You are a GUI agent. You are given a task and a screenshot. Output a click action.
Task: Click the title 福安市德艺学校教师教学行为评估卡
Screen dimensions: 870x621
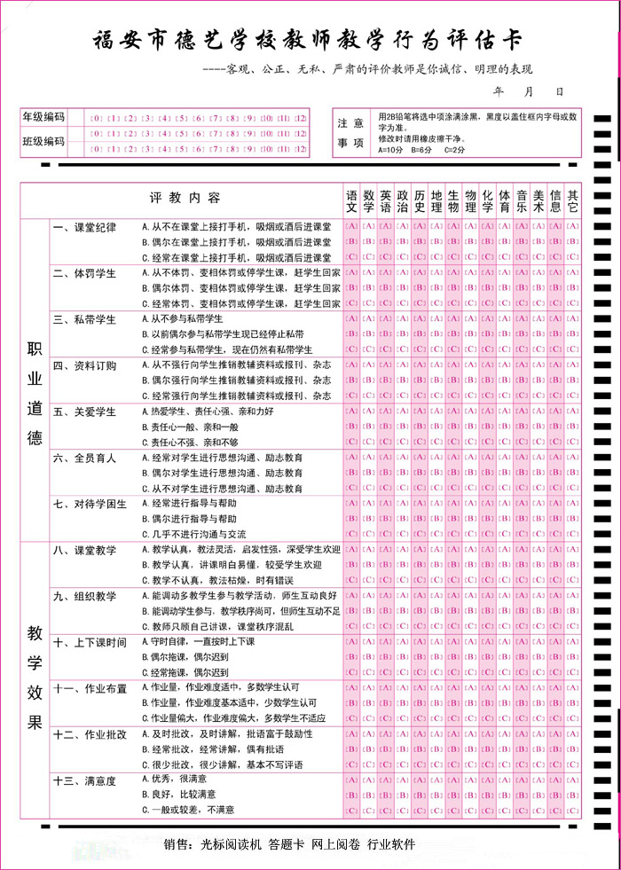point(308,39)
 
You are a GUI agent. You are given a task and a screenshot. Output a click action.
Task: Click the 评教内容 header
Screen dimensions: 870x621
point(185,196)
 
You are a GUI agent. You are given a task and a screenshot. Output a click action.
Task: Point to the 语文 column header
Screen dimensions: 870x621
point(351,200)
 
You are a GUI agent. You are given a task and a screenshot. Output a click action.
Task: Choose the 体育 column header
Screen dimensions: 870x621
point(504,200)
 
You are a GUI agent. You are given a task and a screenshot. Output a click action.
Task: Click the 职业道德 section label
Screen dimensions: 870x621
point(35,381)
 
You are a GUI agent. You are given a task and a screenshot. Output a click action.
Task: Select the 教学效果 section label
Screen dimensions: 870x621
point(35,678)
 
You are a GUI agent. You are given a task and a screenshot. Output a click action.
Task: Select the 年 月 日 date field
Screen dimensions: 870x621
point(528,91)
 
